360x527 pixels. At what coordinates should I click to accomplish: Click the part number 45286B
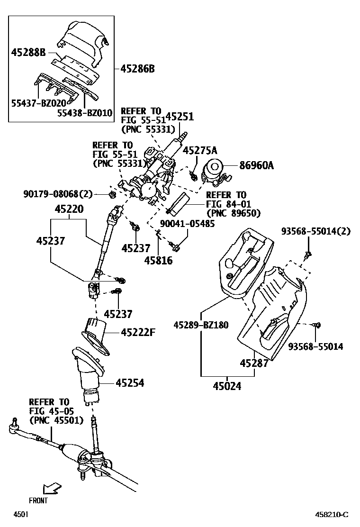point(137,69)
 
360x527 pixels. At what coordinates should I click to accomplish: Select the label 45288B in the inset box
point(28,54)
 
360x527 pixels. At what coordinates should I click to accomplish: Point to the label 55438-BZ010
point(85,113)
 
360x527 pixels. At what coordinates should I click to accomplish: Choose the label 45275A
point(199,151)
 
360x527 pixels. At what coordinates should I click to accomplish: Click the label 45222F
point(138,333)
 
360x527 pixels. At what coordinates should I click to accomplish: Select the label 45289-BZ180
point(201,325)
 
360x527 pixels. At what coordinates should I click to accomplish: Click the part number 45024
point(227,386)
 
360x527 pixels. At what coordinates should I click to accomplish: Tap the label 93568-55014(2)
point(315,231)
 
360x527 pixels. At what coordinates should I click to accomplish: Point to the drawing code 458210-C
point(333,515)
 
